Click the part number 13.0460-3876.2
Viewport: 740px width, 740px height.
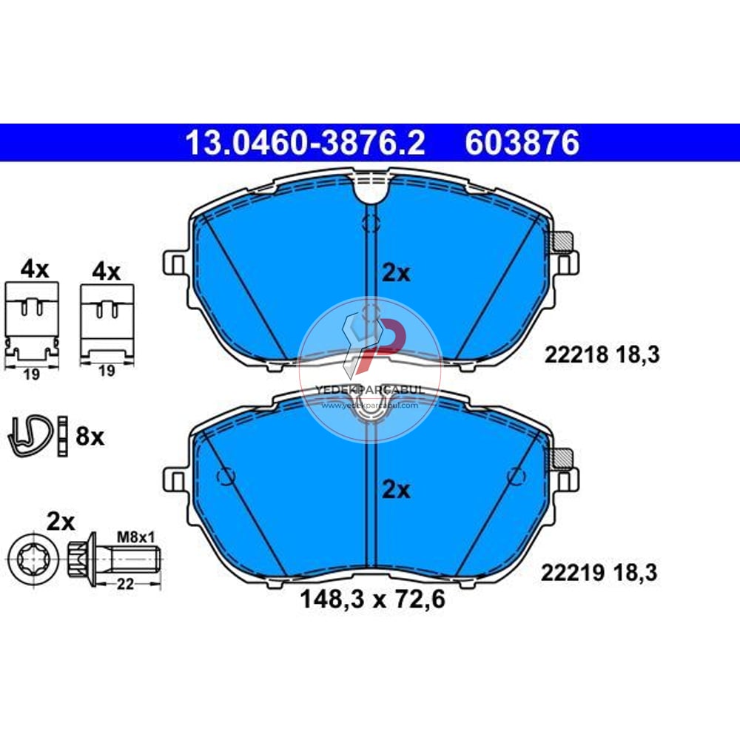(305, 143)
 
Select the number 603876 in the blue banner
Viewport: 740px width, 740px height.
(522, 143)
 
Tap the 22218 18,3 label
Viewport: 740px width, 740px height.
(602, 355)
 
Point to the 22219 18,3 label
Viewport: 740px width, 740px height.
(599, 573)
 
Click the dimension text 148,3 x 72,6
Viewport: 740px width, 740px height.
(372, 600)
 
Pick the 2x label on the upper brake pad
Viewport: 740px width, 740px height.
(396, 273)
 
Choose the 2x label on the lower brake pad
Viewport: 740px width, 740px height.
(396, 490)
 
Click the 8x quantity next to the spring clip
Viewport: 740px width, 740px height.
(90, 437)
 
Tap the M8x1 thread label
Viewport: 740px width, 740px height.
(136, 537)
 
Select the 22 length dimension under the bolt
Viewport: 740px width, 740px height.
(126, 585)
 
